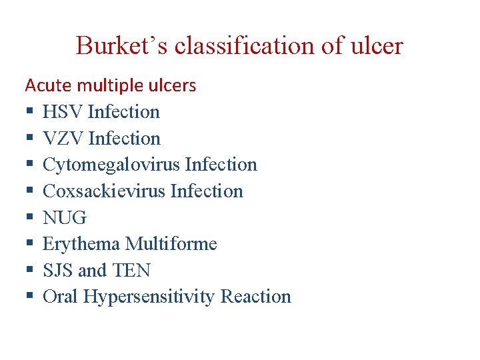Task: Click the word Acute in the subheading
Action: pos(49,85)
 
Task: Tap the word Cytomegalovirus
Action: pos(111,165)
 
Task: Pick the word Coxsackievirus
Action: pos(104,191)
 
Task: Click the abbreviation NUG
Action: pos(65,218)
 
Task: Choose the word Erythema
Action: pos(81,244)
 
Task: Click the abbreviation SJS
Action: pos(58,271)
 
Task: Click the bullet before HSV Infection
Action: pos(29,113)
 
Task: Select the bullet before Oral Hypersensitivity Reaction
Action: pos(29,297)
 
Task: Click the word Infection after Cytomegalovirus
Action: pos(221,165)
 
